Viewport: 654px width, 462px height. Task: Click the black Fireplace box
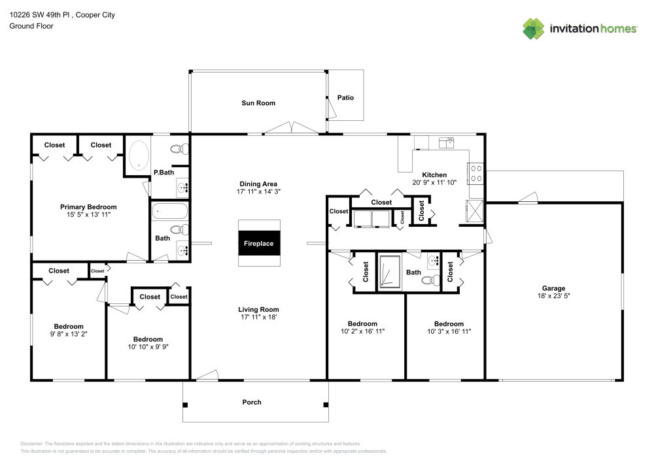click(259, 243)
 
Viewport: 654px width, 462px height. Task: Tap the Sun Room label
click(258, 103)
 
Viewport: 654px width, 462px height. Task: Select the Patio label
click(345, 97)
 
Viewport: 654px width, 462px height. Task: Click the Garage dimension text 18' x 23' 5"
click(553, 296)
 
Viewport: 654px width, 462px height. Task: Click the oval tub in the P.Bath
click(138, 156)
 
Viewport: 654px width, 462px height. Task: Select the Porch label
click(252, 402)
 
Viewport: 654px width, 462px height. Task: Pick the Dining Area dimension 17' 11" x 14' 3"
click(258, 192)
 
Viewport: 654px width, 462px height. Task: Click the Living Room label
click(258, 310)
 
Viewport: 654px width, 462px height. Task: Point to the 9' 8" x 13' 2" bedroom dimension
click(69, 335)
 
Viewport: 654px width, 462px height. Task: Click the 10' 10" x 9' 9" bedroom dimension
click(148, 347)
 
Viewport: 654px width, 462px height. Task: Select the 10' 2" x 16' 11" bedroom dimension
click(362, 331)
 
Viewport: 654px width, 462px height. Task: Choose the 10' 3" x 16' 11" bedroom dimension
click(449, 331)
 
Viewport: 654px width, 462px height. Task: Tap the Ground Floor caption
click(31, 26)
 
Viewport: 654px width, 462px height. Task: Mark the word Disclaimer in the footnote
click(32, 444)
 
